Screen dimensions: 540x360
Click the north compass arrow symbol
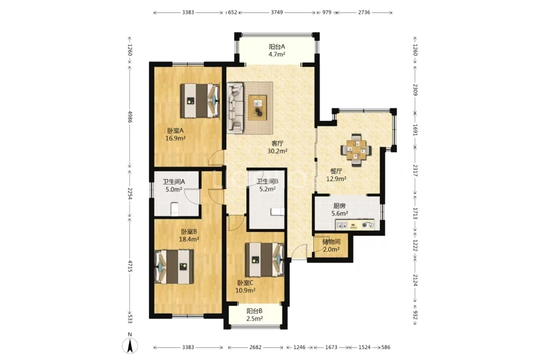[130, 345]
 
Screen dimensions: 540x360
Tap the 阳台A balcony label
[277, 47]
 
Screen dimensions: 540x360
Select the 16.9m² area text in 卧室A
[176, 138]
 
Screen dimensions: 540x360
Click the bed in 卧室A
[200, 101]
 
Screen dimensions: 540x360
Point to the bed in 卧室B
[174, 266]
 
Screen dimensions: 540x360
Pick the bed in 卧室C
[264, 260]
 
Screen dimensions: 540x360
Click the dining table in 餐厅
[356, 150]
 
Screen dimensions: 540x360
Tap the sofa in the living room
[235, 108]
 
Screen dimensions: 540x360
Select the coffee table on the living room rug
[258, 108]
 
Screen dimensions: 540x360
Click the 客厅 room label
[277, 143]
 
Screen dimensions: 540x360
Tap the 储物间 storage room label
[331, 242]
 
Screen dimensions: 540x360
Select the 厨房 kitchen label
[339, 206]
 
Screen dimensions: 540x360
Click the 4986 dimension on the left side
[130, 117]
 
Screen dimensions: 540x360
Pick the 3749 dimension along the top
[277, 12]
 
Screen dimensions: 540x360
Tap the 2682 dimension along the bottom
[256, 347]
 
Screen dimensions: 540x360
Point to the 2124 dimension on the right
[415, 280]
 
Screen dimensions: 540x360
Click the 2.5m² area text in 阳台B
[255, 319]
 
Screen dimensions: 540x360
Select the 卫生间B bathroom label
[267, 181]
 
